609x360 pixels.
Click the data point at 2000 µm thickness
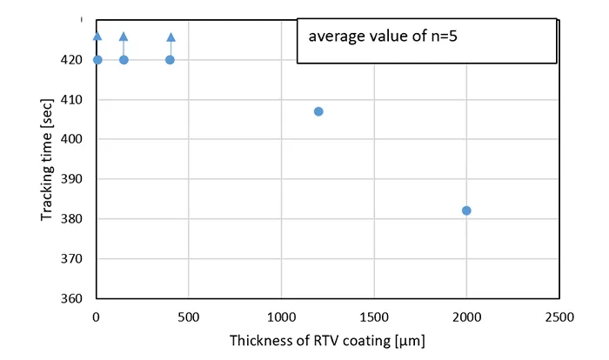(466, 210)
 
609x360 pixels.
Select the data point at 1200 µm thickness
(318, 111)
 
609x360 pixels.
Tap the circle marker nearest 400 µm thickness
(170, 60)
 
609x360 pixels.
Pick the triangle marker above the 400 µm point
(171, 37)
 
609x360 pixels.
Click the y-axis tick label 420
(73, 60)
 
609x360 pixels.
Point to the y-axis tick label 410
(73, 100)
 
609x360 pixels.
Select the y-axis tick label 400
(73, 139)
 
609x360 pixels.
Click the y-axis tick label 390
(73, 179)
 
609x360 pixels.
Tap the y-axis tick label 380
(73, 219)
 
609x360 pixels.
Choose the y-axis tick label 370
(73, 259)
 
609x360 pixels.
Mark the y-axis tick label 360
(73, 298)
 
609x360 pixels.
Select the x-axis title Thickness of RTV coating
(327, 342)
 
